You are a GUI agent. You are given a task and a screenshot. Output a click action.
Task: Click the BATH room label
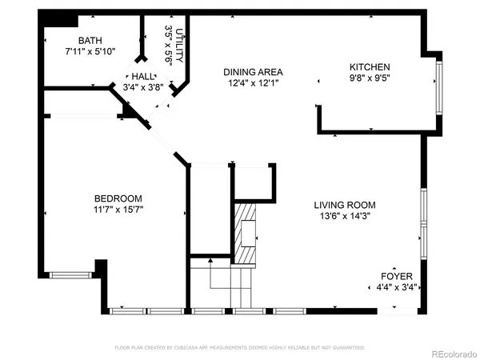click(x=90, y=40)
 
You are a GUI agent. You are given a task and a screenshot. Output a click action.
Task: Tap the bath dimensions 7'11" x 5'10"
click(x=90, y=51)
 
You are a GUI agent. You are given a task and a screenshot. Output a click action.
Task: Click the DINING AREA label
click(x=253, y=72)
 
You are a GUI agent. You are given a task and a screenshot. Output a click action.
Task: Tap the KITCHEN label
click(x=370, y=67)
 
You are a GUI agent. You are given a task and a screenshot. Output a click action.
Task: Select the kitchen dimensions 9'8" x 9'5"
click(x=370, y=78)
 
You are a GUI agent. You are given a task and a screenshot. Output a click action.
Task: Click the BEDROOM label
click(x=118, y=198)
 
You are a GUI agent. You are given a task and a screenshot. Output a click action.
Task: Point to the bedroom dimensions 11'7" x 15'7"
click(x=118, y=210)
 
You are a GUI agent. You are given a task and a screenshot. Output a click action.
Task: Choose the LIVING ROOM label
click(x=344, y=204)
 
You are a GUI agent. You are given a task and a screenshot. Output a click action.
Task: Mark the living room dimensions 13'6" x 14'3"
click(x=344, y=215)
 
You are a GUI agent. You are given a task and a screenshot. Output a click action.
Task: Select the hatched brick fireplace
click(x=246, y=232)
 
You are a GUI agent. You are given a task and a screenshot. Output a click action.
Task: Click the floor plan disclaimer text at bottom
click(x=239, y=347)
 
